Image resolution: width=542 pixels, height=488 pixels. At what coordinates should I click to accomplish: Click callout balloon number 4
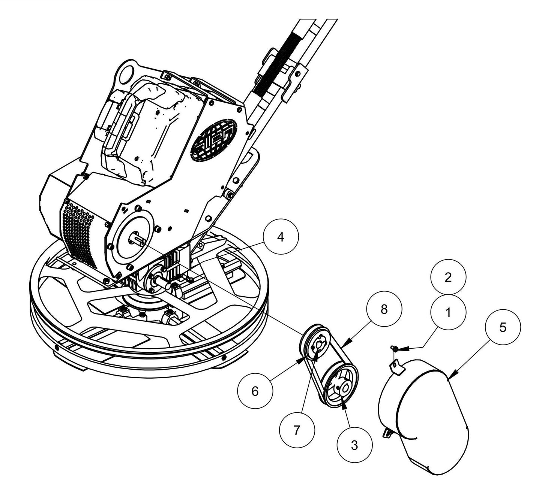281,238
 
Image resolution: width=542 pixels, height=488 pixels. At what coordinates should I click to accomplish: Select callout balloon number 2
448,278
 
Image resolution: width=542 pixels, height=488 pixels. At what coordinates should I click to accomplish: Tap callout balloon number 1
448,313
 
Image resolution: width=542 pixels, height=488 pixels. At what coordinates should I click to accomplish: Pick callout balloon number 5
503,327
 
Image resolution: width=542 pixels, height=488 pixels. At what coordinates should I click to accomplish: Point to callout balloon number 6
255,391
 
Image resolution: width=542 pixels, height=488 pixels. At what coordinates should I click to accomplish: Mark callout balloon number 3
354,445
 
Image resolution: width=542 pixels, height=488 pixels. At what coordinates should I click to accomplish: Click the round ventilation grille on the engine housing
214,140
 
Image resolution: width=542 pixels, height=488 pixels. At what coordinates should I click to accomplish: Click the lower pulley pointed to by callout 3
340,390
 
